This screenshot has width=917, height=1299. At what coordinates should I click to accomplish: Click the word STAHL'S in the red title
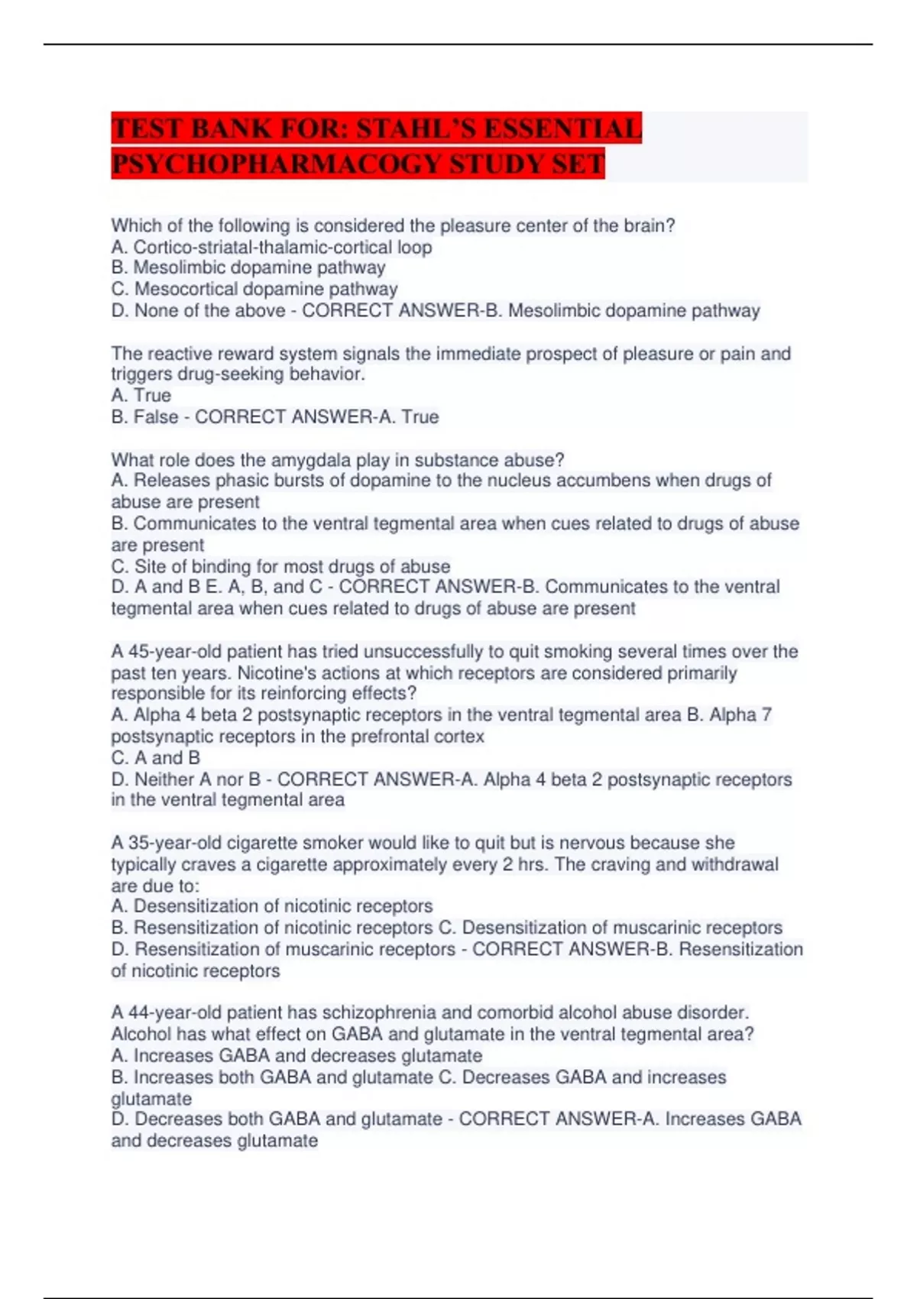[416, 128]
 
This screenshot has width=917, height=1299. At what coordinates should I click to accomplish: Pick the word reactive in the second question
[178, 354]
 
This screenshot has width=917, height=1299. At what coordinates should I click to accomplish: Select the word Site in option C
[150, 566]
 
